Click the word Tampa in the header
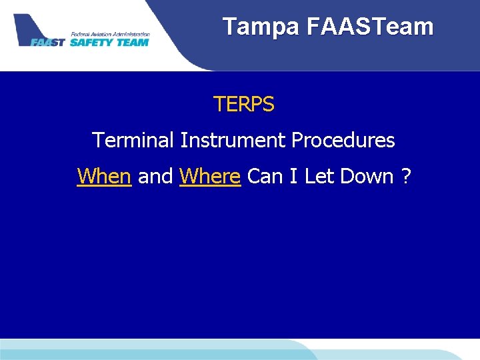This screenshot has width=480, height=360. pos(261,27)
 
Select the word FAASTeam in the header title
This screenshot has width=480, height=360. pos(370,27)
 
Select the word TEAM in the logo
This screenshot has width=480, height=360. pos(132,42)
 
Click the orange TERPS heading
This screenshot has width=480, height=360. pos(243,105)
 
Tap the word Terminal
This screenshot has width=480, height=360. pos(131,141)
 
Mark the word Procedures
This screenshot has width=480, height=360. pos(341,141)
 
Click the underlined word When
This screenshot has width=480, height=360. pos(104,177)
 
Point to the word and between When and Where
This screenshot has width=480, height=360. pos(155,177)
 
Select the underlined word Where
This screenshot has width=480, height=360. pos(210,177)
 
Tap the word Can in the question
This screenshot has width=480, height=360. pos(265,177)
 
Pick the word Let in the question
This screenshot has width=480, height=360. pos(317,177)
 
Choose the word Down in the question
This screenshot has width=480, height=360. pos(366,177)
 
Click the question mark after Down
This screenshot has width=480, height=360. pos(406,177)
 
